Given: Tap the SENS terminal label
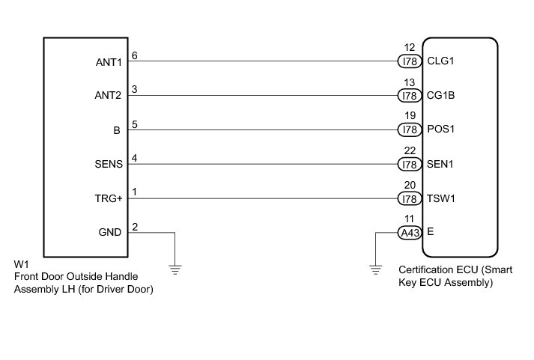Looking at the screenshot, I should click(109, 165).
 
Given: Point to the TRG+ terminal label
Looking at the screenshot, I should click(110, 199).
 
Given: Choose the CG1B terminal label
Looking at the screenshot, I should click(440, 96).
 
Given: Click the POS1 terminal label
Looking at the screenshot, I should click(440, 129).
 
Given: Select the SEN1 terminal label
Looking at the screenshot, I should click(440, 164).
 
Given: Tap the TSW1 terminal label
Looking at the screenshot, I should click(440, 198).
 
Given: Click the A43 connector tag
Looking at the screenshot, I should click(408, 233).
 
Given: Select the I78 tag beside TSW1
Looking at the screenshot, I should click(408, 198).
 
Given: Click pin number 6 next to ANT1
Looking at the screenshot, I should click(134, 55).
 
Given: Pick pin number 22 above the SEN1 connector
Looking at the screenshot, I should click(408, 152).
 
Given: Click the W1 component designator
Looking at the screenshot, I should click(21, 265).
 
